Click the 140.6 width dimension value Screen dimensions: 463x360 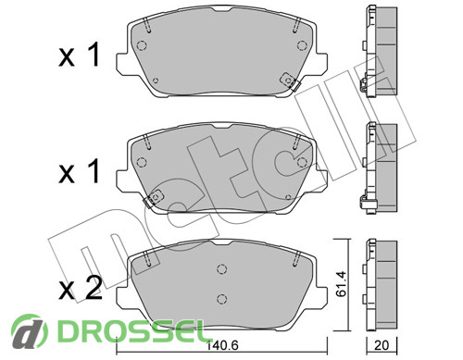point(222,345)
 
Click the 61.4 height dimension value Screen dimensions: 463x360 point(341,284)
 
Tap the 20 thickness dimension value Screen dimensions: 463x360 point(382,345)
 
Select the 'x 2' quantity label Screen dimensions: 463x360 point(80,289)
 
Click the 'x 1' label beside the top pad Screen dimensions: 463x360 point(80,55)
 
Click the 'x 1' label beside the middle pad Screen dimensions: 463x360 point(80,171)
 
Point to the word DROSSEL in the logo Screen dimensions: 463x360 point(131,331)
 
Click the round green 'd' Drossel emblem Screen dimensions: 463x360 point(30,331)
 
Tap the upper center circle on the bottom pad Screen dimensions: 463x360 point(222,269)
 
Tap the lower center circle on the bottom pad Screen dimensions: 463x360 point(222,299)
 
